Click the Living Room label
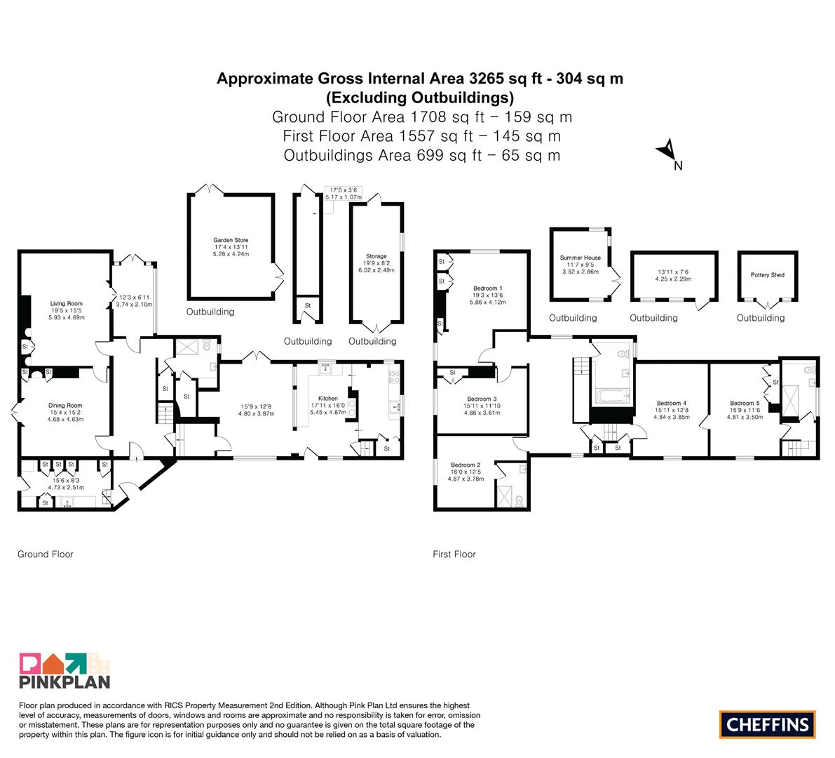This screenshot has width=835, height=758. tap(67, 303)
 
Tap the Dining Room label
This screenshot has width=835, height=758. tap(65, 405)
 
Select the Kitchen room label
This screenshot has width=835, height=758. tap(328, 398)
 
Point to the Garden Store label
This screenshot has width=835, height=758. tap(231, 240)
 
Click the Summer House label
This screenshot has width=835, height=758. tap(580, 258)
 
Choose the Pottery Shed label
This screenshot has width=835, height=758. tap(768, 275)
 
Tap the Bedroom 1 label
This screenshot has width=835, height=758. tap(487, 288)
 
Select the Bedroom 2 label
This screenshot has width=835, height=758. tap(466, 465)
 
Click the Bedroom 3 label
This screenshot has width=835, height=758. tap(482, 399)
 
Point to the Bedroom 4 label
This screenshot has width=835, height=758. tap(672, 404)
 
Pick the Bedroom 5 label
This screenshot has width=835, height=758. tap(745, 404)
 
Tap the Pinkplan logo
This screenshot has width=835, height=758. tap(65, 670)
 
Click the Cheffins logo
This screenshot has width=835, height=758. tap(768, 724)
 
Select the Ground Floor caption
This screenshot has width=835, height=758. tap(46, 554)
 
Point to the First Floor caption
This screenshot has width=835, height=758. tap(454, 554)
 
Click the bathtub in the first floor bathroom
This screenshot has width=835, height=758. tap(612, 396)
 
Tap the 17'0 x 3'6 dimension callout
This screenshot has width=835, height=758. tap(344, 194)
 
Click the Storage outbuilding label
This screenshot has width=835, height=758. tap(376, 256)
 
